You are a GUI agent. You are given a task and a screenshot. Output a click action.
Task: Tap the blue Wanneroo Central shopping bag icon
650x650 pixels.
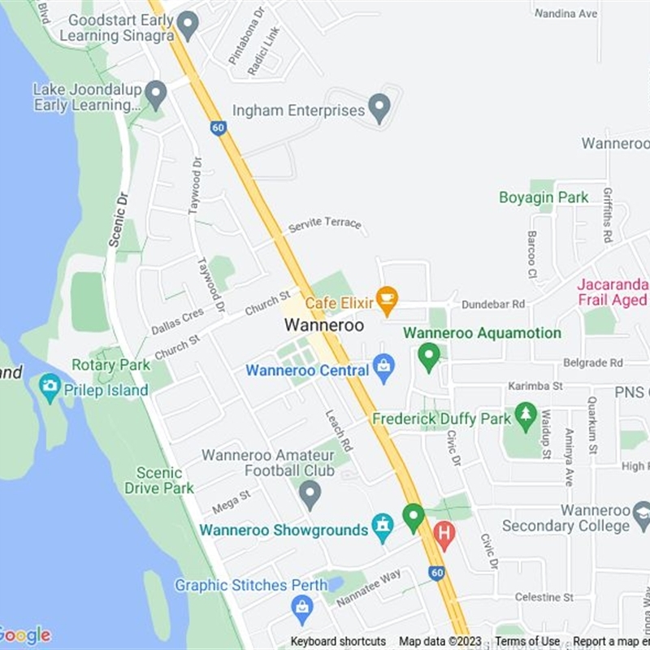click(383, 369)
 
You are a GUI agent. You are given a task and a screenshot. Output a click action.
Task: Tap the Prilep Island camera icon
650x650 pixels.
click(50, 388)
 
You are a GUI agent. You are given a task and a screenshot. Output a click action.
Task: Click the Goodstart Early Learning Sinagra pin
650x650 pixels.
click(188, 24)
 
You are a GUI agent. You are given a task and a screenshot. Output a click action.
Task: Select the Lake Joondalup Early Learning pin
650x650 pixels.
click(155, 94)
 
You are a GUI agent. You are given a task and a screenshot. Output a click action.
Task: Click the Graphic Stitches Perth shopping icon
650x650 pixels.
click(302, 607)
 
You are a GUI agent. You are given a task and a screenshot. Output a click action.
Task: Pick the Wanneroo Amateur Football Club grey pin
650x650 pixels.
click(310, 493)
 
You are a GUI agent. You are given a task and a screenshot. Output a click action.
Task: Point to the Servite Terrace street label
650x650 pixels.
click(324, 223)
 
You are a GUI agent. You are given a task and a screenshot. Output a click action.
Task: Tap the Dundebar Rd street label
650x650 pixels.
click(493, 304)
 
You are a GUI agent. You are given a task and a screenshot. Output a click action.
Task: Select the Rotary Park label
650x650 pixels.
click(110, 365)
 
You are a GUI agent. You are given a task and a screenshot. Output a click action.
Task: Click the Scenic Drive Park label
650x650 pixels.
click(159, 480)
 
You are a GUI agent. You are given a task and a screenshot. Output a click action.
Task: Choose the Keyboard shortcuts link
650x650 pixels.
click(338, 642)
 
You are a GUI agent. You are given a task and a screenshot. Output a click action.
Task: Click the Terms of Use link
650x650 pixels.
click(527, 642)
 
